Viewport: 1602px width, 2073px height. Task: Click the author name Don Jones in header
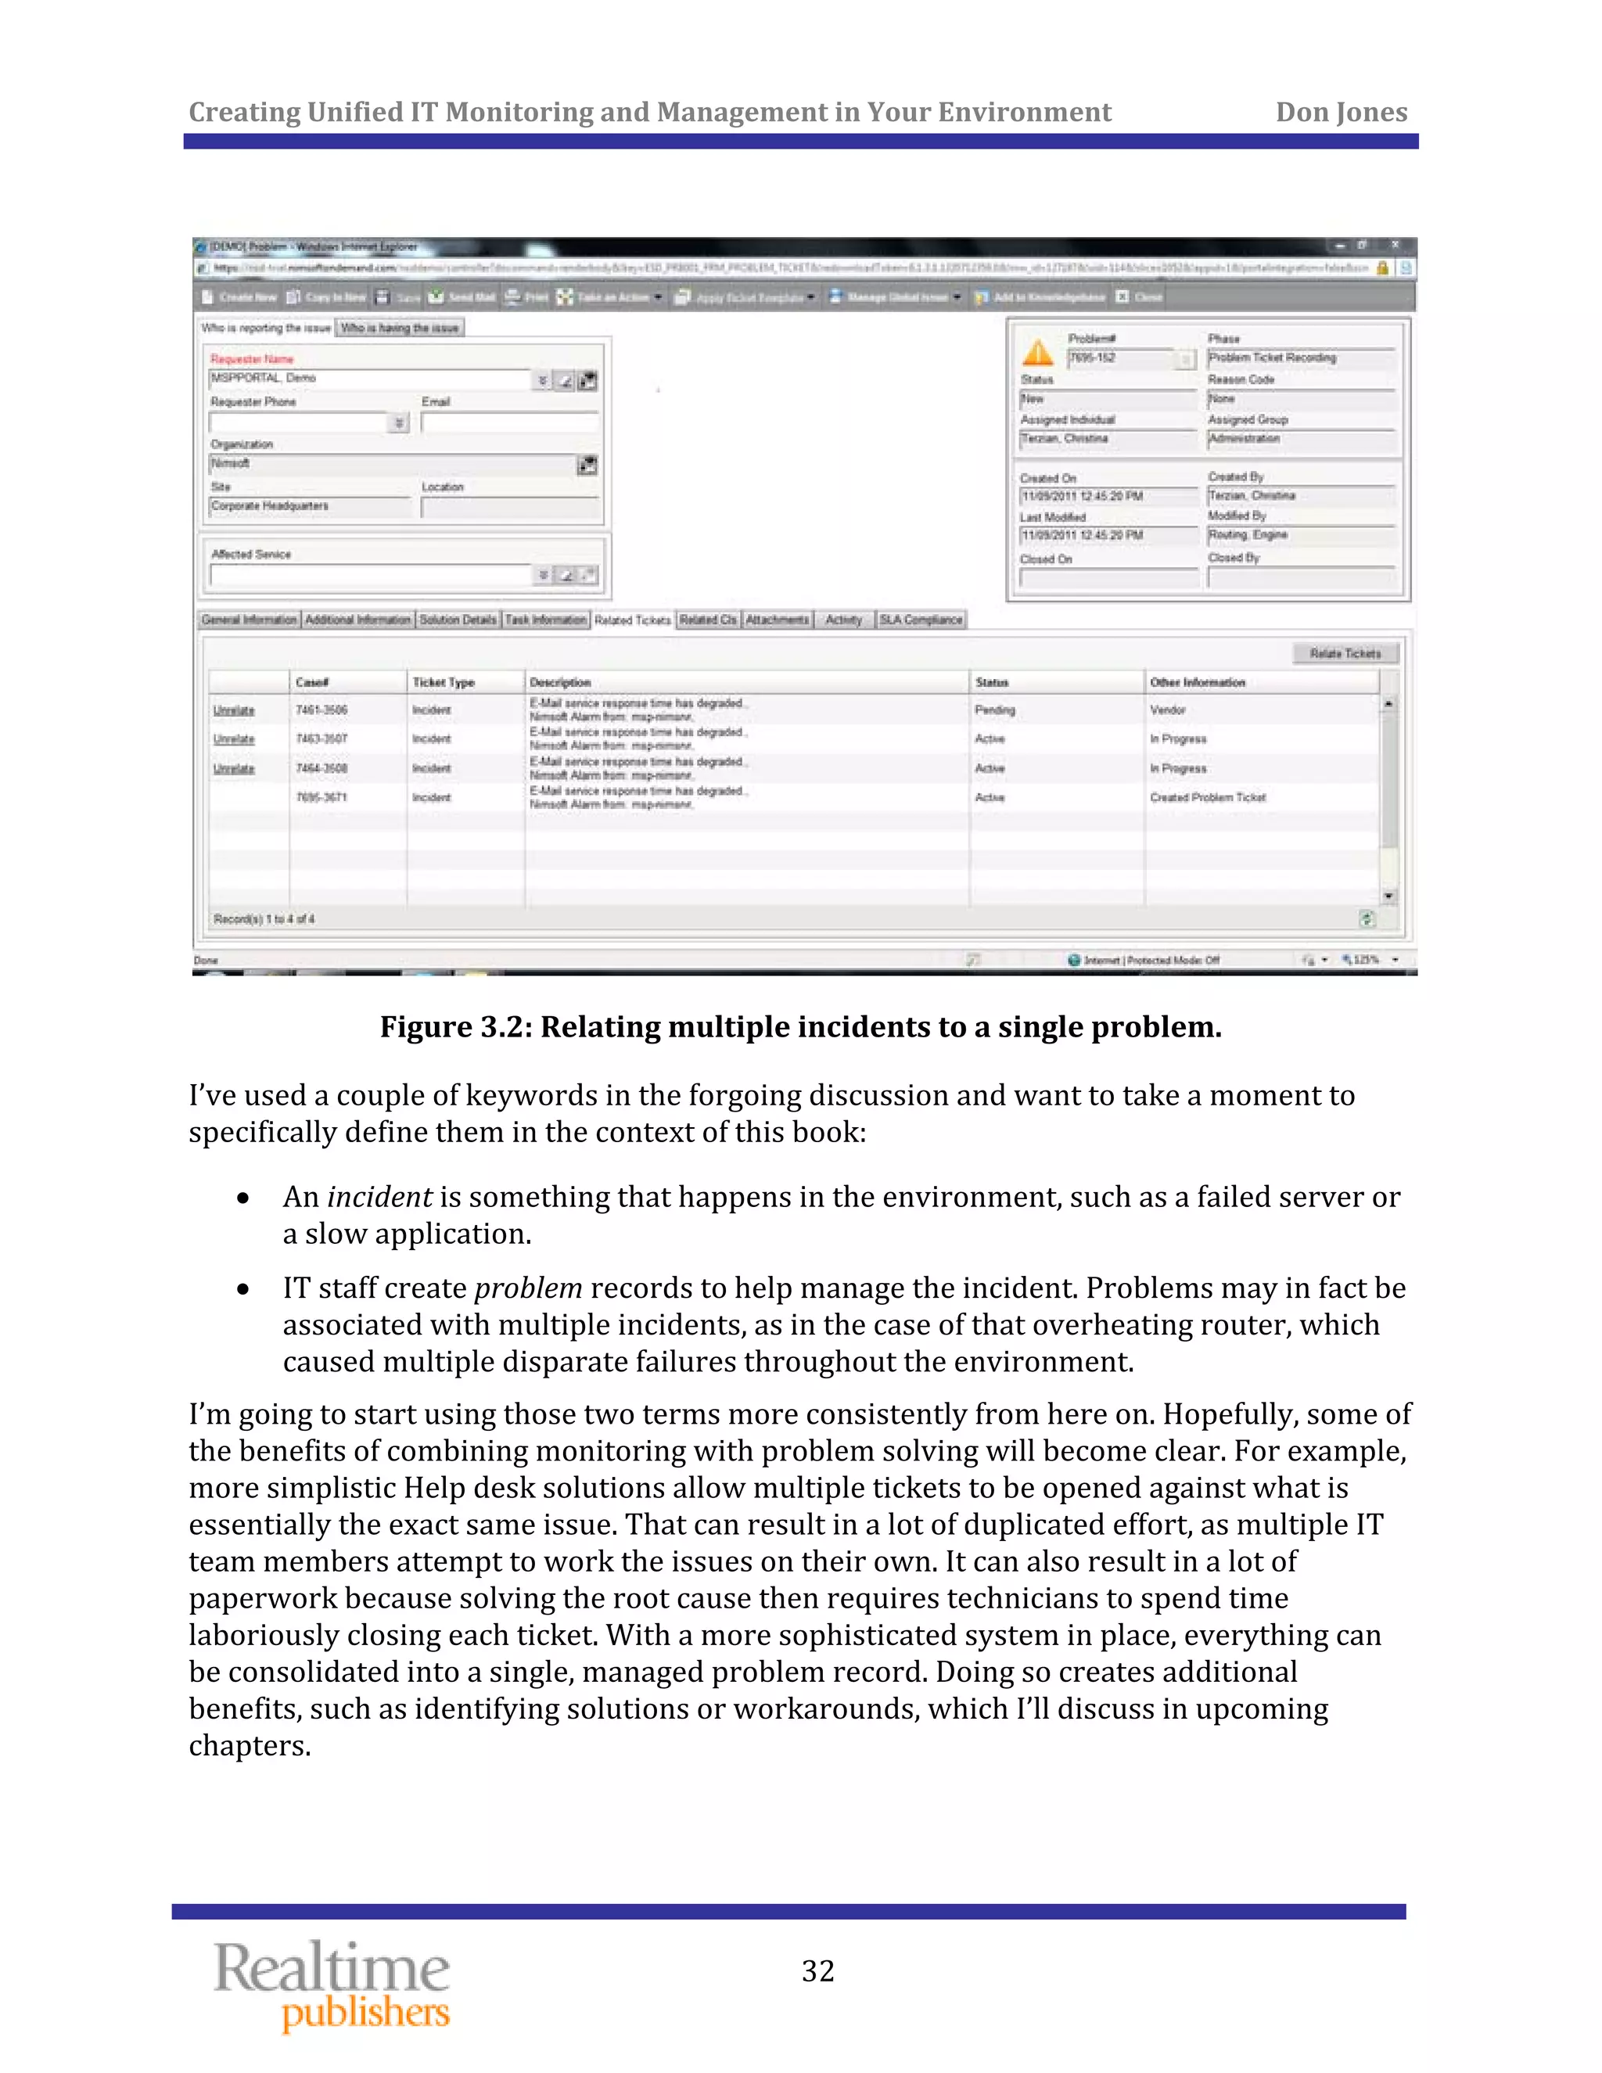click(1340, 112)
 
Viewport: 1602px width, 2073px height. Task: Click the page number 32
click(817, 1971)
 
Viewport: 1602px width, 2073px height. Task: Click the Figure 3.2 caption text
click(800, 1027)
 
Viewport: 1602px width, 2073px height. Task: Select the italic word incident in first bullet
click(379, 1197)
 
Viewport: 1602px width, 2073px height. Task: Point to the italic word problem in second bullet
click(528, 1288)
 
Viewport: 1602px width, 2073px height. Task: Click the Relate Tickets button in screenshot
click(1344, 653)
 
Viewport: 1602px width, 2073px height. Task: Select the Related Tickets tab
click(632, 620)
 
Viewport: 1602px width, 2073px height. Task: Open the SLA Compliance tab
click(920, 620)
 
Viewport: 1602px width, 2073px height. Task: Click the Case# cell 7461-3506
click(321, 710)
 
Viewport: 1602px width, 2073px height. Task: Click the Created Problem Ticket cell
click(1207, 797)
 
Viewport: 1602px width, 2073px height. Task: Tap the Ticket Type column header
click(444, 682)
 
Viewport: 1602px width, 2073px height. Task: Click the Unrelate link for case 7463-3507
click(233, 739)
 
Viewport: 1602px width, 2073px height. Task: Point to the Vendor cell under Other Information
click(1167, 710)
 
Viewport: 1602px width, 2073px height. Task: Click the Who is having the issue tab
click(400, 329)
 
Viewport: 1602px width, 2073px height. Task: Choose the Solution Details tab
click(458, 620)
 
